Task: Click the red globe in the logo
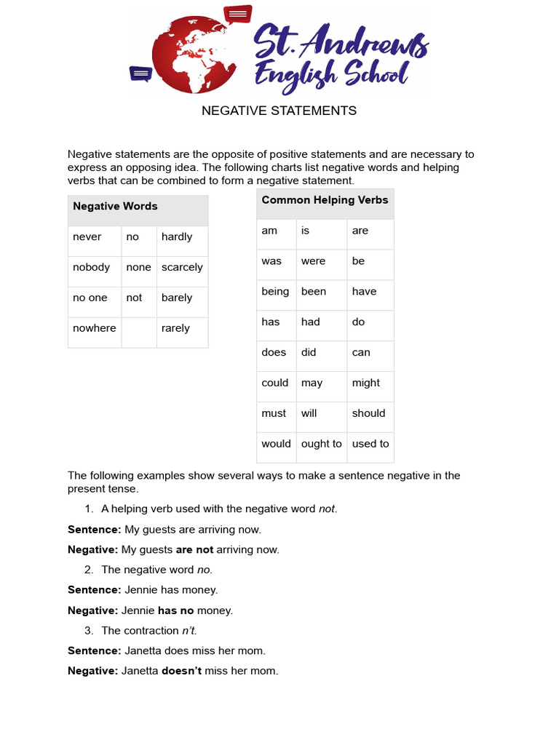click(x=191, y=55)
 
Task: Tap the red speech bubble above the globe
click(x=237, y=14)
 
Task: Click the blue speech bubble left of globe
click(x=140, y=73)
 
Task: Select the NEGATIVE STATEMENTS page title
click(x=279, y=111)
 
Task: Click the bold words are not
click(x=194, y=550)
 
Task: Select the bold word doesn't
click(x=181, y=671)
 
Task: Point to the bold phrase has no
click(x=175, y=610)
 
